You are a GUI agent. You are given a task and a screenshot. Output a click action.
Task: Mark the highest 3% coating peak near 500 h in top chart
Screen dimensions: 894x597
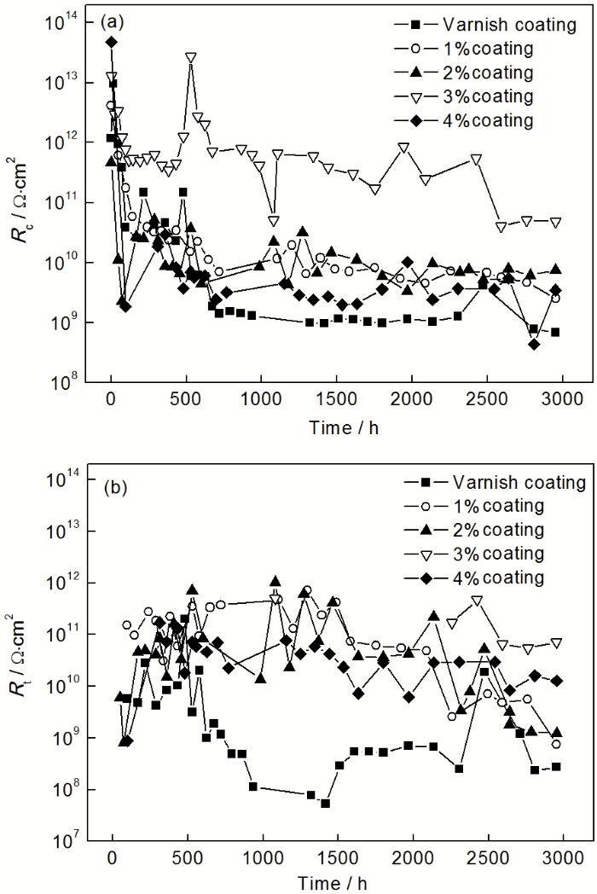pos(191,57)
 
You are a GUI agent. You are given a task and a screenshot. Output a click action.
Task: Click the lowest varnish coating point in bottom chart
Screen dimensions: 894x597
pos(325,804)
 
